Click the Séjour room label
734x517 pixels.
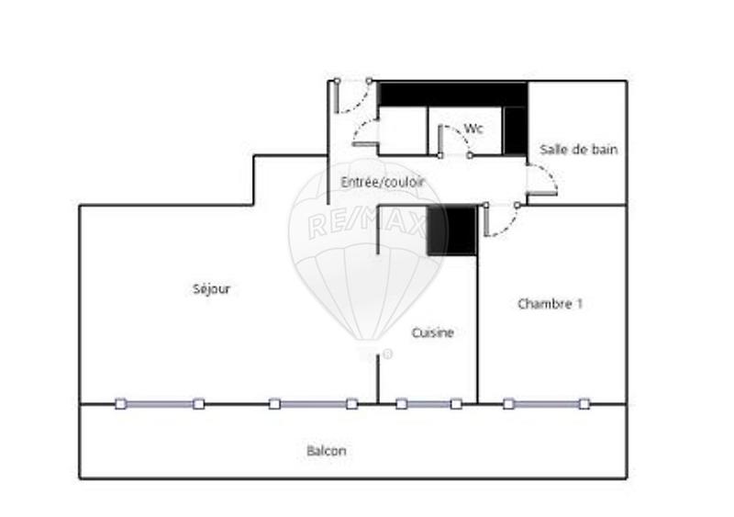[212, 289]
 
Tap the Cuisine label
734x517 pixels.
[432, 332]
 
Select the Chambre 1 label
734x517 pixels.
[550, 304]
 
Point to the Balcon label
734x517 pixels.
[327, 451]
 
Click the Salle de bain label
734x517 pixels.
[578, 149]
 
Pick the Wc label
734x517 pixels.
[473, 128]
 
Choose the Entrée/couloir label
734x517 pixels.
[383, 183]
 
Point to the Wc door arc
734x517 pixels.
[453, 138]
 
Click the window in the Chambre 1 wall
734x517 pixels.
[547, 403]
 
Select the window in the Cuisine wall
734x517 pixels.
[428, 403]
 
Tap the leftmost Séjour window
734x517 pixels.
[160, 403]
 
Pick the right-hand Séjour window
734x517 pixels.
[313, 403]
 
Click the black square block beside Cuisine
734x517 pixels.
[452, 230]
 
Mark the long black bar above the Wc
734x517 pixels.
[452, 94]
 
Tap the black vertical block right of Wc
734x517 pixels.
[515, 129]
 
